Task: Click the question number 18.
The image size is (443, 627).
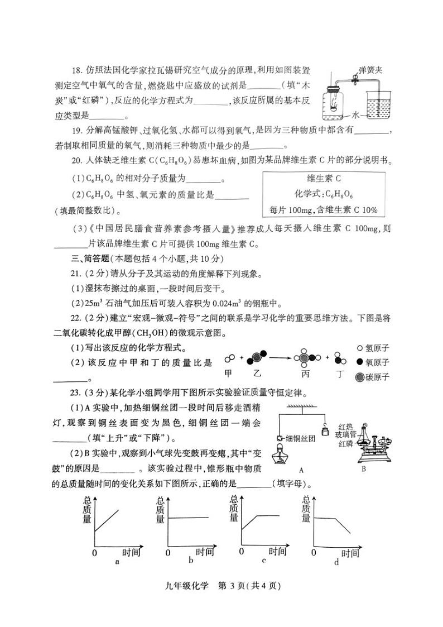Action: [x=77, y=70]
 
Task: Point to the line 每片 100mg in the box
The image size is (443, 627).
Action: [x=323, y=210]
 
